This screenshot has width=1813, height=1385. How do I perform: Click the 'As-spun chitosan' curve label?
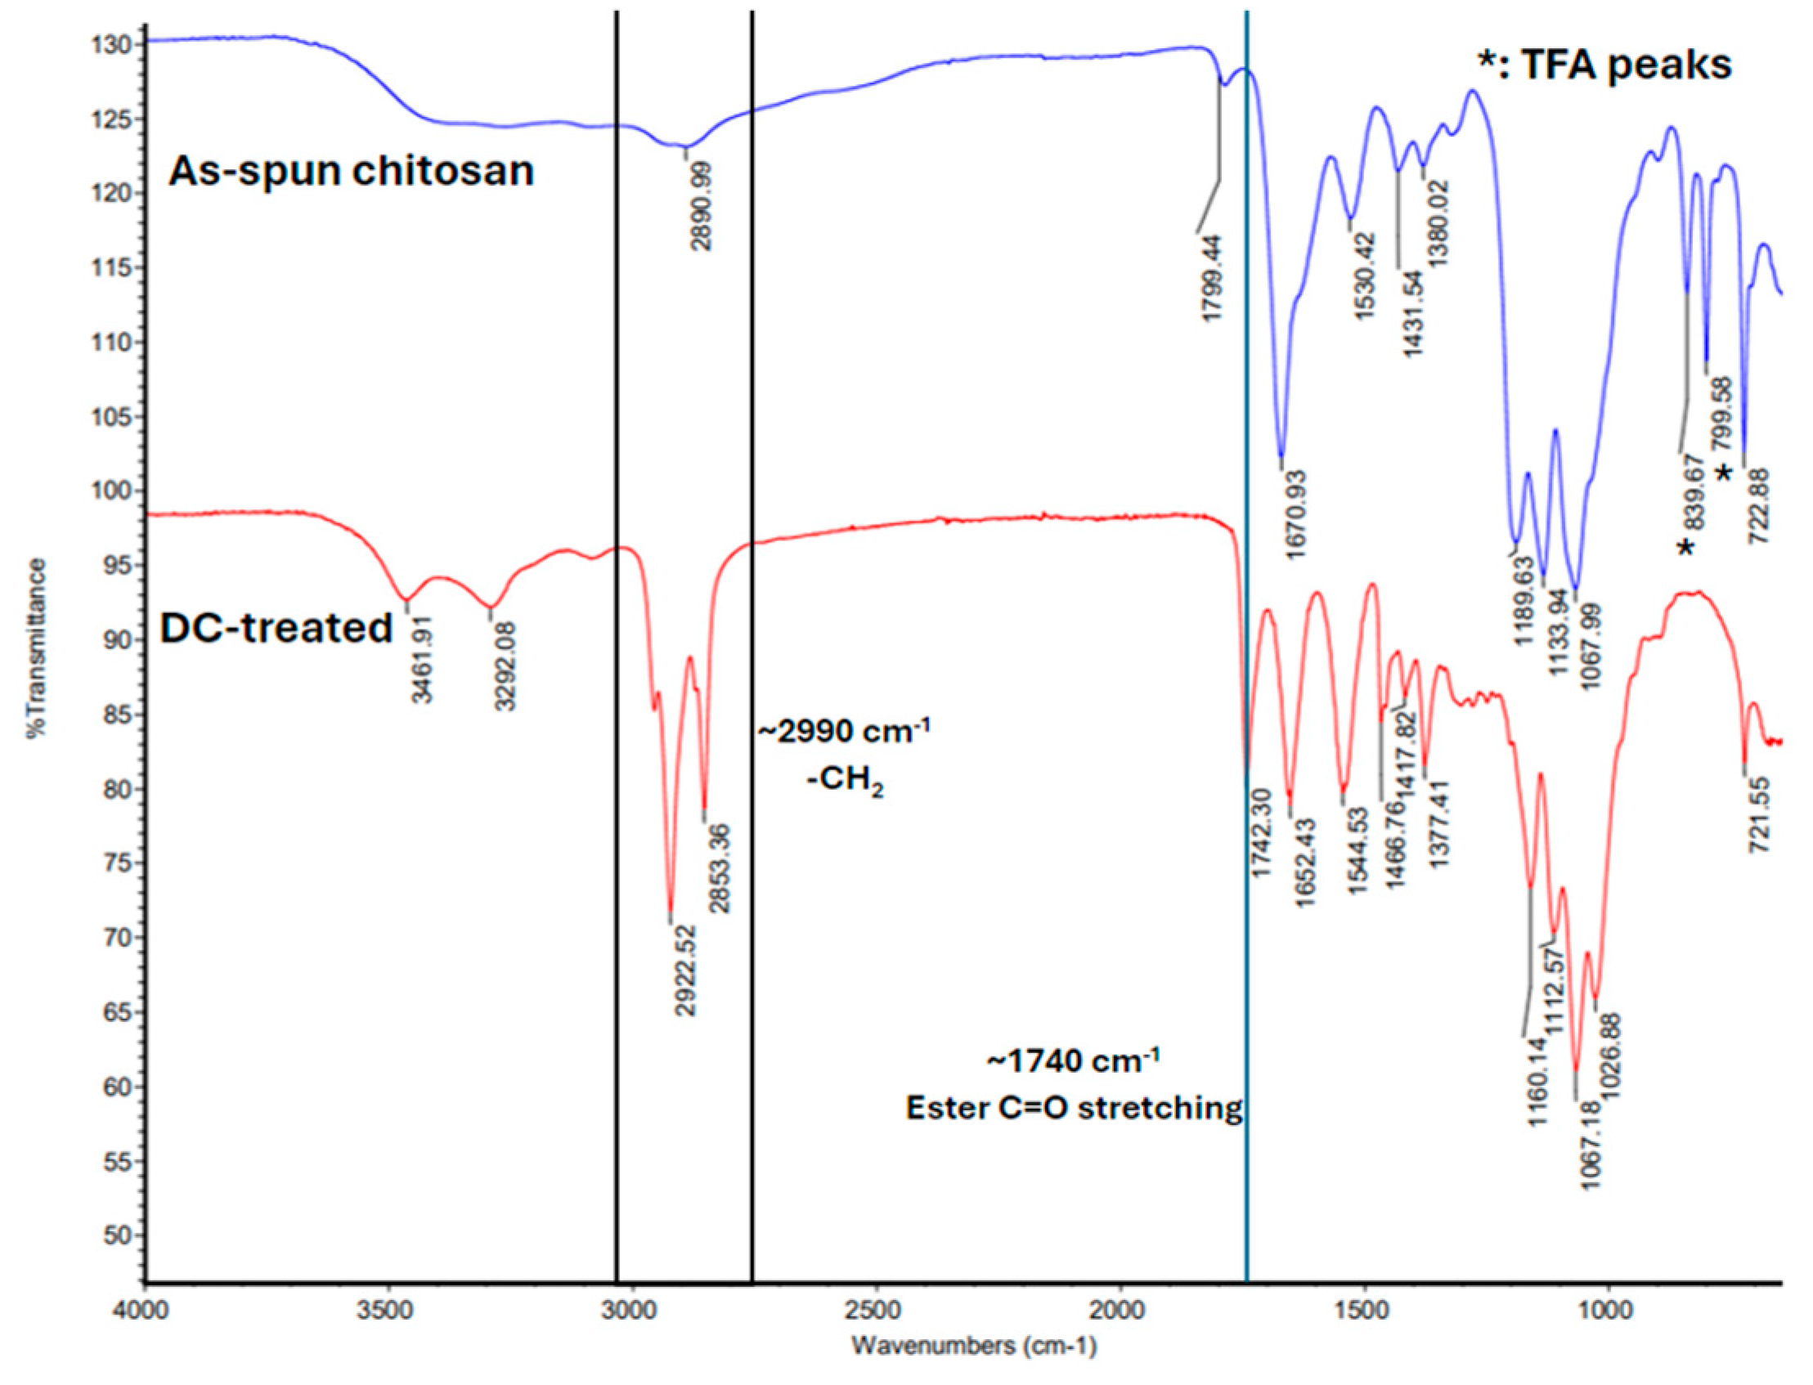[351, 172]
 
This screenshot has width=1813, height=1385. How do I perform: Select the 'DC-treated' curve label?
[276, 628]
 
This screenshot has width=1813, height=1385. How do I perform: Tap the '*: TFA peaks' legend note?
[1604, 64]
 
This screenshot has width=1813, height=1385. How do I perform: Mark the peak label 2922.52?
[685, 970]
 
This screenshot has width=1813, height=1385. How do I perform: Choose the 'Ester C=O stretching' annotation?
[1074, 1107]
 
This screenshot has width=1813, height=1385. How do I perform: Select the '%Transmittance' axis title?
[36, 648]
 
